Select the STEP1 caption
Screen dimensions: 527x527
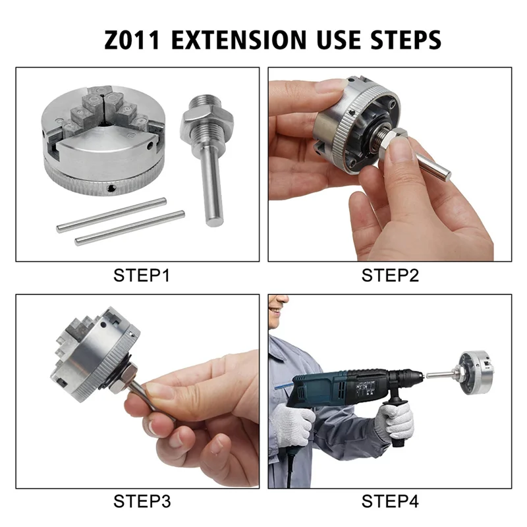(142, 275)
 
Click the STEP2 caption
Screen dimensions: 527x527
(390, 275)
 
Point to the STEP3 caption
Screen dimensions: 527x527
(142, 501)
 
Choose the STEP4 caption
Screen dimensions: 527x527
(390, 501)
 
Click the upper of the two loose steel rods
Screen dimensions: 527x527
(111, 215)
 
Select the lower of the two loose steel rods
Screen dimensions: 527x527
(130, 228)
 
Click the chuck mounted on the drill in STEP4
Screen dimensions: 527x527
(474, 373)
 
